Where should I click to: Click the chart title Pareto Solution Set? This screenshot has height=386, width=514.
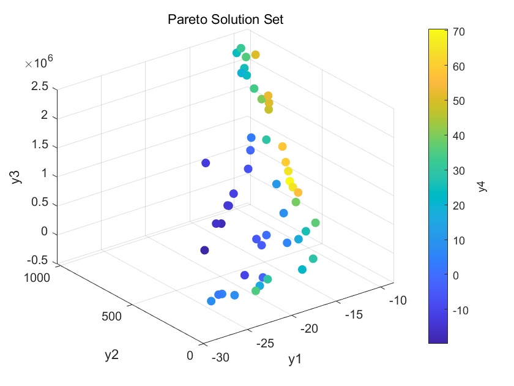(226, 20)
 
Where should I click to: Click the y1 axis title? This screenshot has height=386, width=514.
(296, 360)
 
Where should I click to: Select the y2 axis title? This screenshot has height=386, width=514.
(111, 354)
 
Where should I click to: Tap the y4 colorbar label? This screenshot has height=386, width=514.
(483, 186)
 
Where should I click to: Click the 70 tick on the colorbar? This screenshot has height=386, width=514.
(460, 32)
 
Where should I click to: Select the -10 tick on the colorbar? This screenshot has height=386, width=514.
(463, 310)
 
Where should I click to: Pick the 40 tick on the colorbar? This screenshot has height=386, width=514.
(460, 136)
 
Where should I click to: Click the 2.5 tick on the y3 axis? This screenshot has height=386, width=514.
(40, 87)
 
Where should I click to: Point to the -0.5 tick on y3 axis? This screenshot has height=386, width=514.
(38, 260)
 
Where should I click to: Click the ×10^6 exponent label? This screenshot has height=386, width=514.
(39, 62)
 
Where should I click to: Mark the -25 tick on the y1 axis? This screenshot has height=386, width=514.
(264, 342)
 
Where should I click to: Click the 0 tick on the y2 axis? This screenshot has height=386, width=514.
(190, 355)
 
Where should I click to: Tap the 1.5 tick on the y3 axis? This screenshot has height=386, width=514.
(40, 146)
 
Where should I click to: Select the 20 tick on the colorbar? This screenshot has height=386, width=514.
(460, 206)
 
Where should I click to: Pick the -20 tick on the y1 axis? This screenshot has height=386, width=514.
(310, 328)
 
